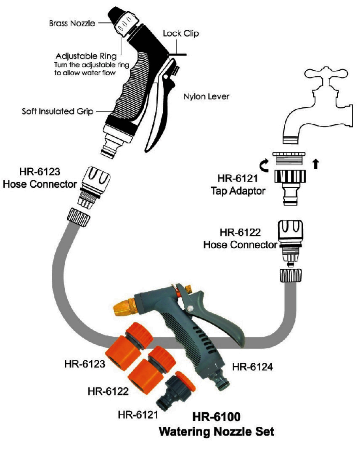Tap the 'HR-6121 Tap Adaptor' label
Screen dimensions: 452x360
(238, 185)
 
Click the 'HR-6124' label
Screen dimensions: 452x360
(252, 367)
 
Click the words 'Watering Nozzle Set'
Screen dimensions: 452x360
(216, 431)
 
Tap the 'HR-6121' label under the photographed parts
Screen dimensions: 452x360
(138, 415)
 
